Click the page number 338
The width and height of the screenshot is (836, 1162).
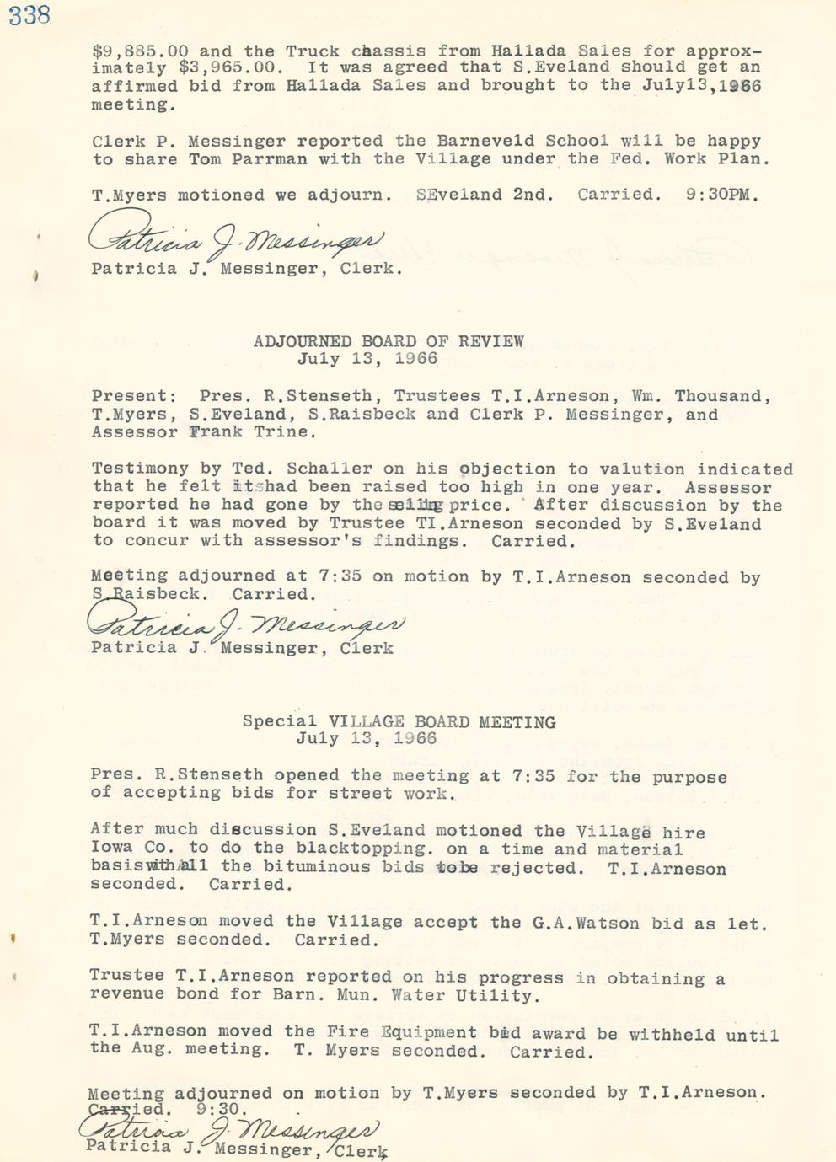pos(29,14)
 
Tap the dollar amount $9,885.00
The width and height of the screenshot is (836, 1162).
pos(140,51)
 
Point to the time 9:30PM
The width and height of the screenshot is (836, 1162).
pos(721,195)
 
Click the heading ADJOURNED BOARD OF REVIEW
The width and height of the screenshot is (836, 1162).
pos(389,341)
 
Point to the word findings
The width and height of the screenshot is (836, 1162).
pos(421,541)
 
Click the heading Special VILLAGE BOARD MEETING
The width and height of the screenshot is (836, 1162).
pos(399,721)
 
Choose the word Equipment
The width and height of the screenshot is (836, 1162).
pos(428,1032)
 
